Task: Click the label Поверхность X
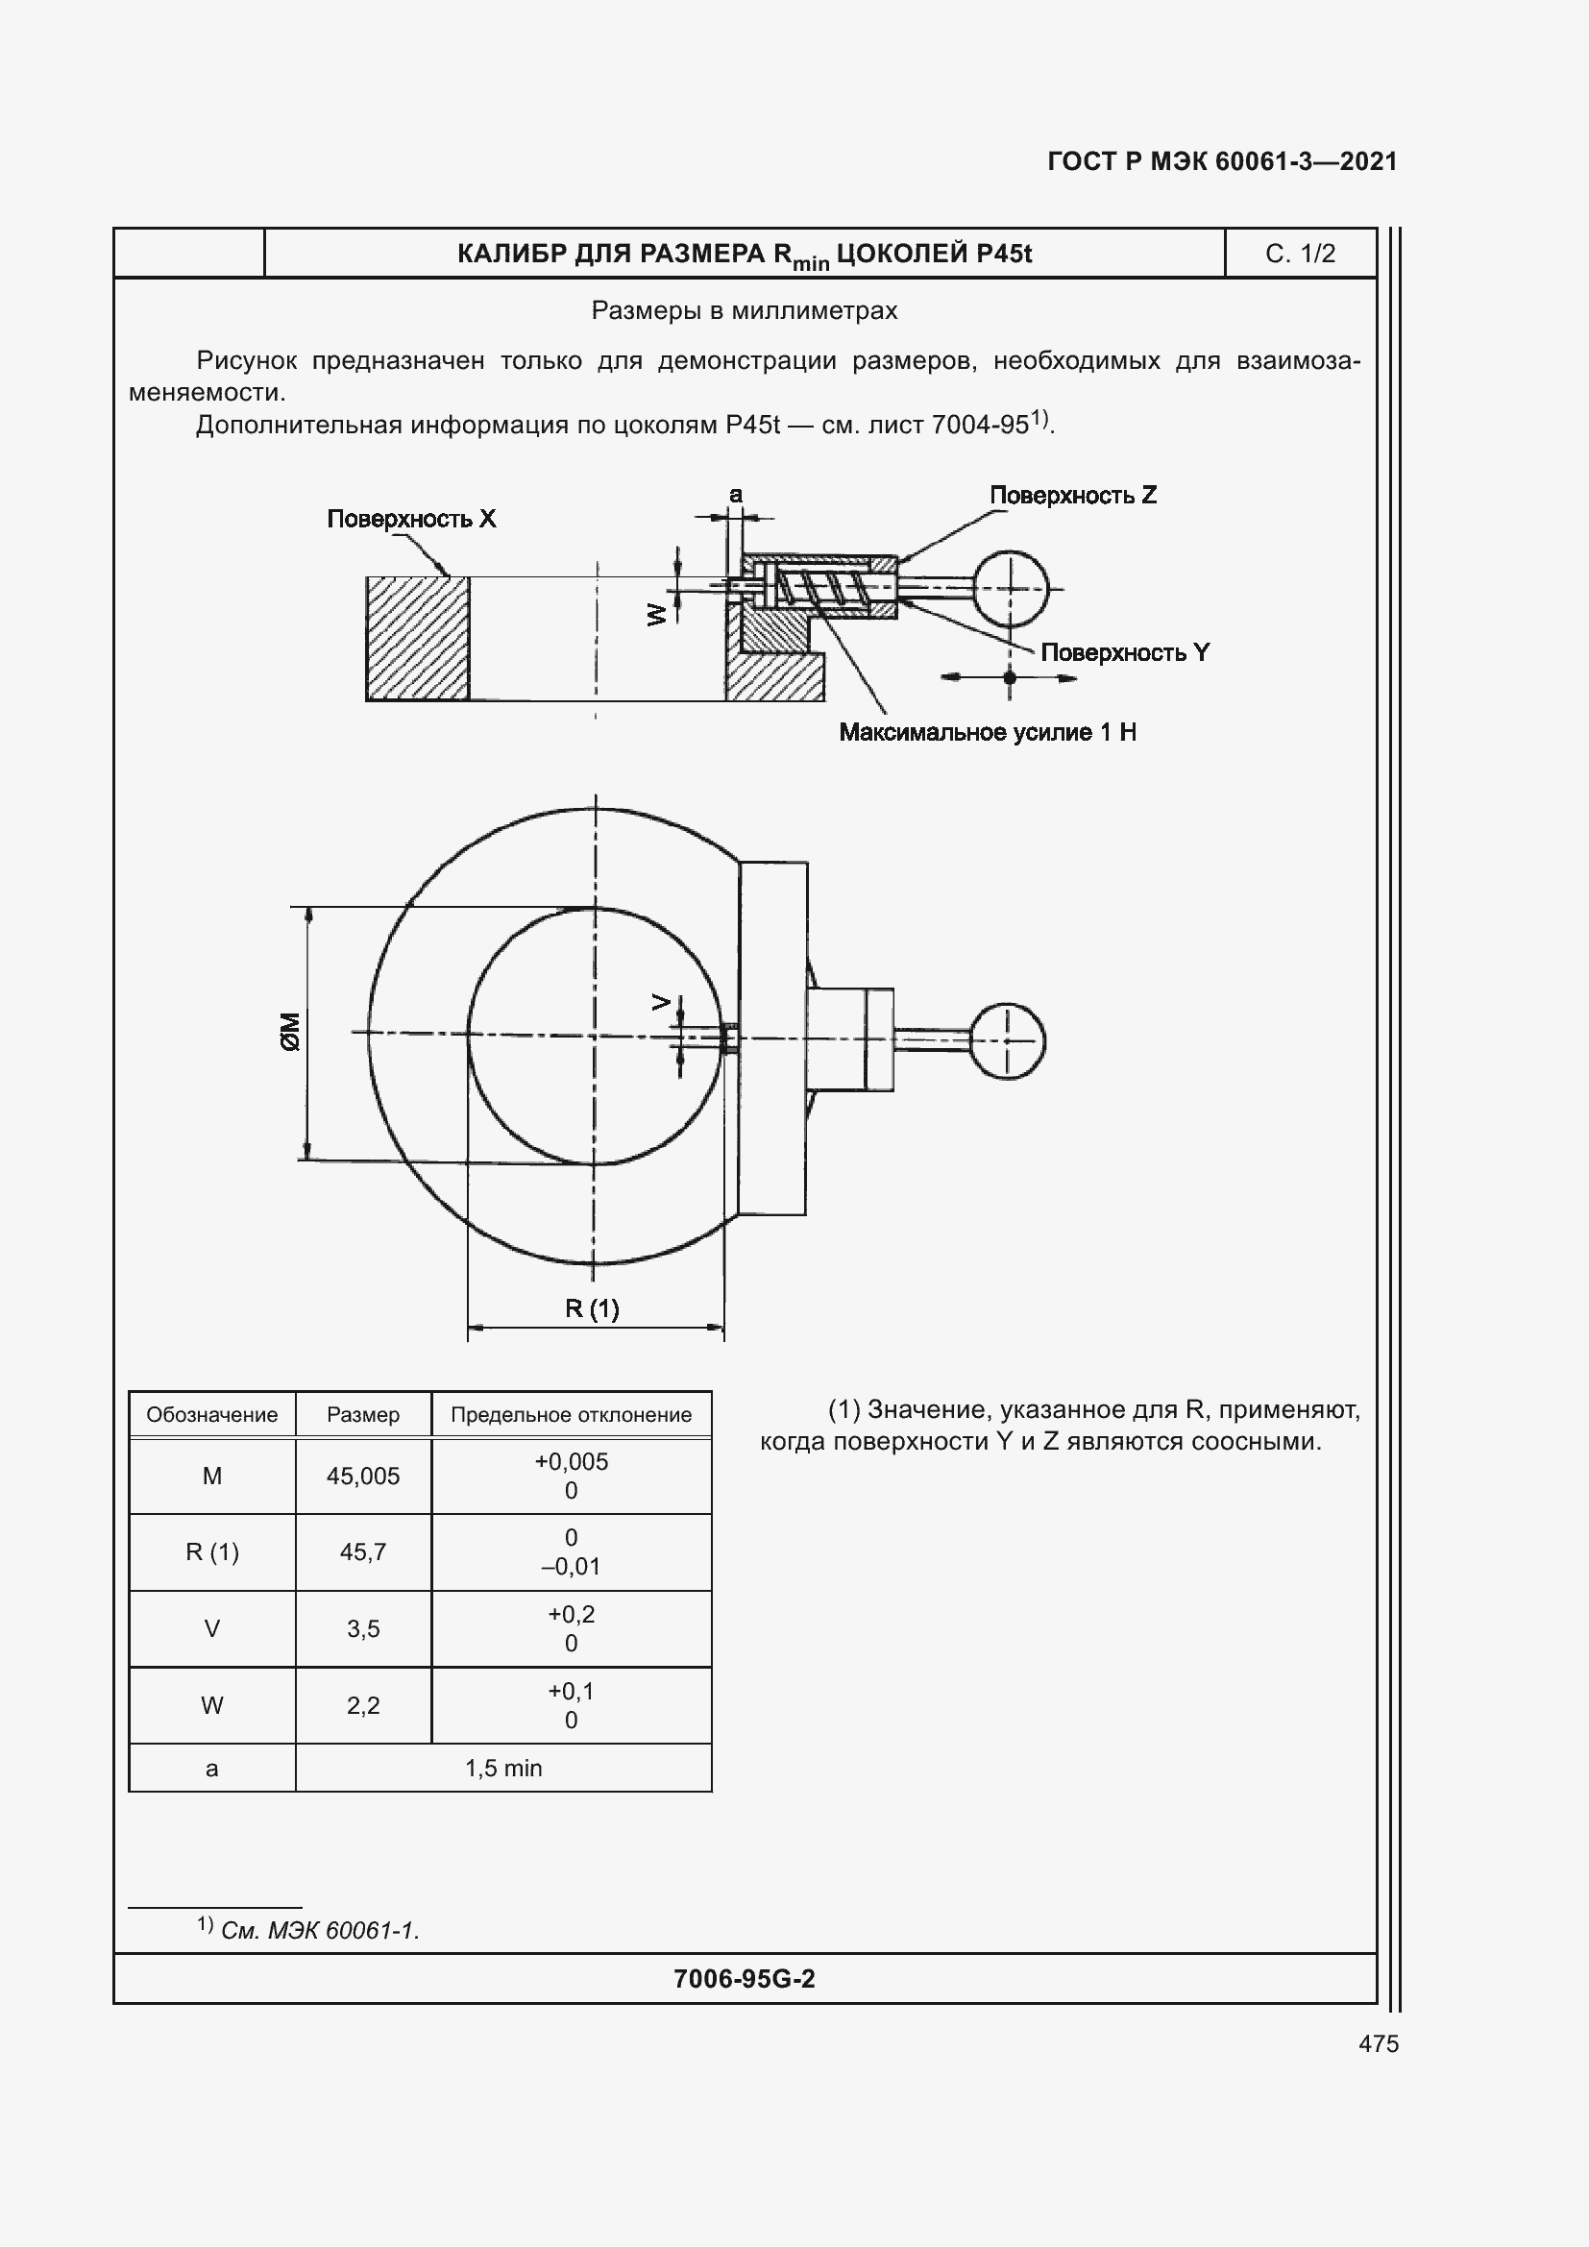(x=411, y=519)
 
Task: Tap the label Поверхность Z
(x=1072, y=495)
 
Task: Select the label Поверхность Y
(x=1124, y=652)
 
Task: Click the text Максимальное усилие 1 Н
(x=988, y=732)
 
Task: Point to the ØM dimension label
(x=290, y=1032)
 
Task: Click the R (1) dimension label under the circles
(x=592, y=1308)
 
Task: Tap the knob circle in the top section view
(x=1011, y=589)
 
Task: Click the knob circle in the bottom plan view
(x=1007, y=1041)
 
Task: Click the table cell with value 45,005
(x=363, y=1476)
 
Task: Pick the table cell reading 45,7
(x=363, y=1552)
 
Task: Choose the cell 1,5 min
(x=502, y=1768)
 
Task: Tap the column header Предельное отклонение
(x=571, y=1414)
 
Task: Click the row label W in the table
(x=211, y=1706)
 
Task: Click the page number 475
(x=1378, y=2043)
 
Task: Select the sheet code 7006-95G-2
(x=744, y=1979)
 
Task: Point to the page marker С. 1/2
(x=1300, y=254)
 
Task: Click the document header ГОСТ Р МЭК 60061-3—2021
(x=1221, y=161)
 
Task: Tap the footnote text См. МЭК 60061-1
(x=319, y=1931)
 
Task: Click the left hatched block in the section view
(x=418, y=638)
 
